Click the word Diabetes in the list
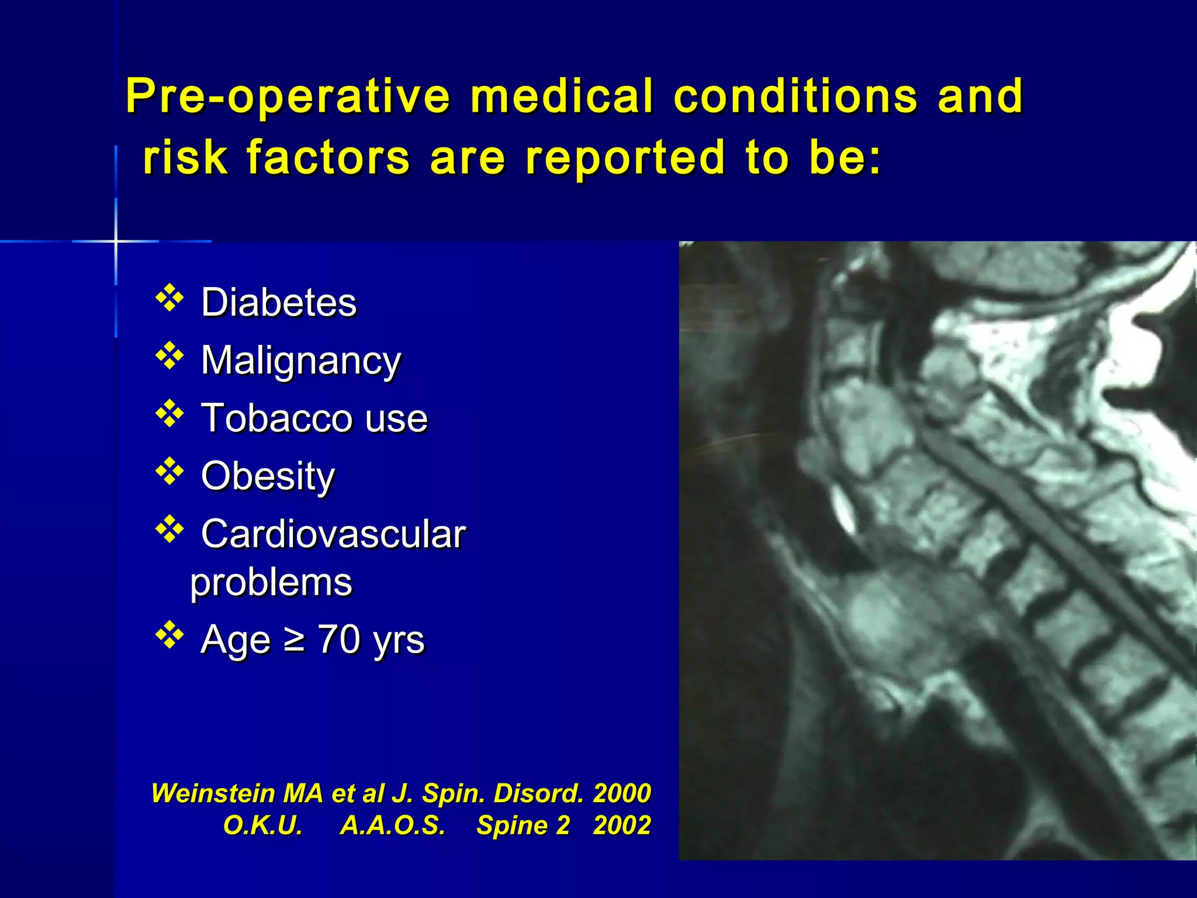tap(279, 302)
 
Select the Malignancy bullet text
tap(301, 361)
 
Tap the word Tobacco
tap(277, 418)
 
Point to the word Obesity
tap(268, 476)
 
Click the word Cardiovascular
tap(333, 534)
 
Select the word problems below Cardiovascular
tap(271, 583)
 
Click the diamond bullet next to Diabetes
tap(169, 298)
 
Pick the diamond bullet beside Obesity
tap(169, 471)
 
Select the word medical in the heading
tap(562, 96)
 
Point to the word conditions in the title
tap(795, 96)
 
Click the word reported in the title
tap(625, 157)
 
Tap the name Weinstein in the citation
tap(213, 793)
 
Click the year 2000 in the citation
tap(621, 793)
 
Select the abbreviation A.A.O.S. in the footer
tap(392, 825)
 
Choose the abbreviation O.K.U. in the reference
tap(262, 825)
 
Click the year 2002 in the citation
tap(621, 825)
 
